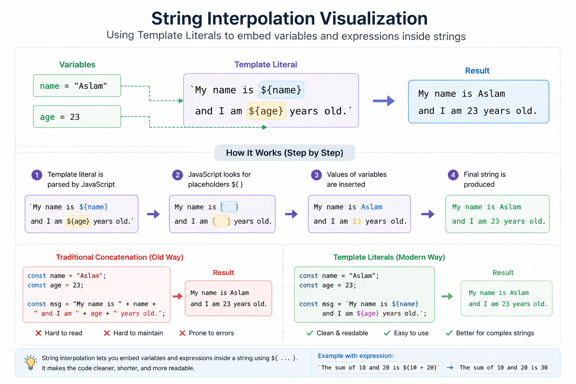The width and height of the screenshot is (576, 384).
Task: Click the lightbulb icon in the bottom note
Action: (31, 363)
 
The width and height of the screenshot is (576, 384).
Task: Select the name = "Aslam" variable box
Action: (77, 85)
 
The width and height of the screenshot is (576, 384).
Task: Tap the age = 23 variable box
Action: (77, 117)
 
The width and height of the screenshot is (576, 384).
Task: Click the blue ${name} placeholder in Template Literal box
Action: (281, 90)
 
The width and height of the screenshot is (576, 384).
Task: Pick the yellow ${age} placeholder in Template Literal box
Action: (266, 111)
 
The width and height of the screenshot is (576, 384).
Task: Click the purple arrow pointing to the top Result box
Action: (384, 101)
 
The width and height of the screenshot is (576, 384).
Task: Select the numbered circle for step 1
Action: (37, 175)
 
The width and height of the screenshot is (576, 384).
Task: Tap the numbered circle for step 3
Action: (316, 175)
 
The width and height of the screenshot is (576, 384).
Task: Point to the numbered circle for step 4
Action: (453, 175)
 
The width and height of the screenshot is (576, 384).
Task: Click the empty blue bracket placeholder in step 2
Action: (229, 207)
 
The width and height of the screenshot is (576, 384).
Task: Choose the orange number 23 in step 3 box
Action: (357, 221)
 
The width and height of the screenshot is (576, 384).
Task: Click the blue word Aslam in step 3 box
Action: (372, 207)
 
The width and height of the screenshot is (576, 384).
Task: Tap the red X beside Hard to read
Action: (38, 333)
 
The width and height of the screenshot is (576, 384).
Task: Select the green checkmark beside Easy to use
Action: (387, 333)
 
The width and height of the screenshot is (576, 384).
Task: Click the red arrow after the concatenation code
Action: (177, 297)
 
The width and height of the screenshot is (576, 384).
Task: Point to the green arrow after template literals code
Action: (447, 297)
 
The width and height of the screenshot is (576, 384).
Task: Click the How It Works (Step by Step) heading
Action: (285, 153)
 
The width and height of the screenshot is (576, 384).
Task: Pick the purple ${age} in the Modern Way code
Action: (368, 313)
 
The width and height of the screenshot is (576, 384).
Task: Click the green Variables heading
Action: (77, 64)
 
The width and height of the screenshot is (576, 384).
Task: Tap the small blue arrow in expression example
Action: (450, 368)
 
